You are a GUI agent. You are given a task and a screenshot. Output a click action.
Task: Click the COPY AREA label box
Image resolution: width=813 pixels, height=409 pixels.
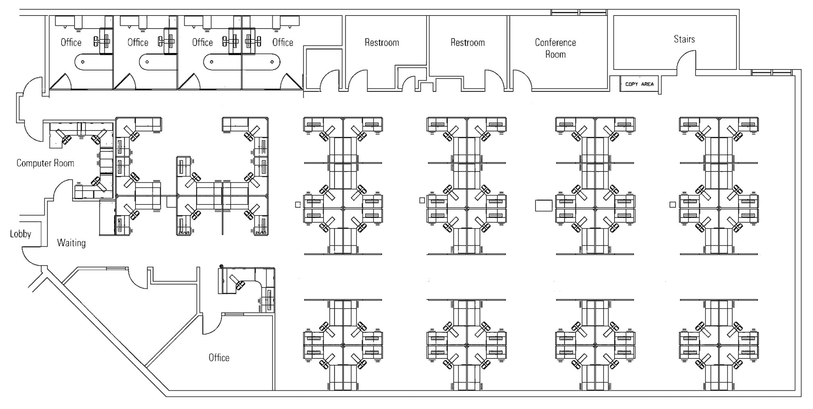click(639, 84)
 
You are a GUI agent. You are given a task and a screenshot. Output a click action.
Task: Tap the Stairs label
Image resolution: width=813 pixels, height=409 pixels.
click(684, 39)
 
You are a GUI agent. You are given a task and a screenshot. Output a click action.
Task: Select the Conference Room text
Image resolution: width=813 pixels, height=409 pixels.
click(555, 48)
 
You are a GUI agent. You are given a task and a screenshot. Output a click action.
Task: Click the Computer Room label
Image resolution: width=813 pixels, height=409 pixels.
click(45, 163)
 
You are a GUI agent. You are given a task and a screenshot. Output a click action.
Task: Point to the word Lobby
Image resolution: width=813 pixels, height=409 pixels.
click(20, 234)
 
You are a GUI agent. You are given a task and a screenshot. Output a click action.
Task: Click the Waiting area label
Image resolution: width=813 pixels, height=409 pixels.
click(71, 243)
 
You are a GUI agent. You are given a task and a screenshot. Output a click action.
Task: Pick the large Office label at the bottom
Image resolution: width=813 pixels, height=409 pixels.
click(219, 357)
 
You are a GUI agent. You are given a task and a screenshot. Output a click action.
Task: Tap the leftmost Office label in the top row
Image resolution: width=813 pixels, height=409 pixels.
click(71, 42)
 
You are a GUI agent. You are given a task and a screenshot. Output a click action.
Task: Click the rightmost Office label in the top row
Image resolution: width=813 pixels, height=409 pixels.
click(283, 42)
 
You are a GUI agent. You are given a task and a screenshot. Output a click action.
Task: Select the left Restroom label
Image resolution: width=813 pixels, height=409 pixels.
click(381, 42)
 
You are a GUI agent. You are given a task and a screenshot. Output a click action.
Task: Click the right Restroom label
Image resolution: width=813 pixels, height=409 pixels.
click(467, 42)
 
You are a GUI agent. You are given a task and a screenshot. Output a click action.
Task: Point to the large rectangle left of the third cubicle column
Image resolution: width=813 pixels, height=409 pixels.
click(543, 205)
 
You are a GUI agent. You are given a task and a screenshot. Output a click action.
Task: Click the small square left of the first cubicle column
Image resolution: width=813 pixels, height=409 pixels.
click(298, 204)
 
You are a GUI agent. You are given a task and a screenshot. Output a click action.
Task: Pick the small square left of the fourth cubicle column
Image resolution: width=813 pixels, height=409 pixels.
click(672, 204)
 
